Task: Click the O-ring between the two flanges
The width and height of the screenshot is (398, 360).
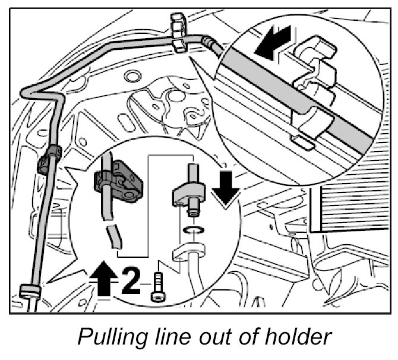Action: pyautogui.click(x=192, y=230)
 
